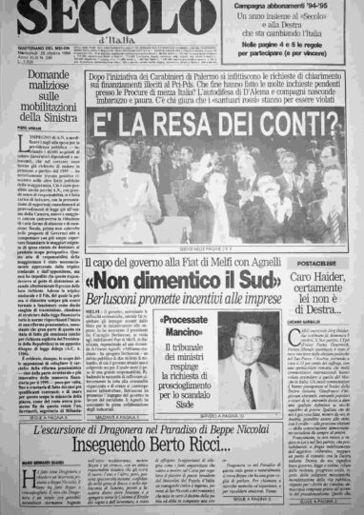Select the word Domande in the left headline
coord(47,75)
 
